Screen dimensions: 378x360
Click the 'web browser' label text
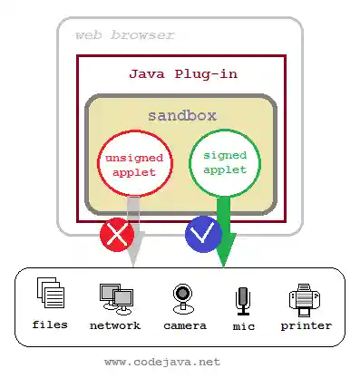click(x=124, y=35)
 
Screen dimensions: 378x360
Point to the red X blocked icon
click(x=117, y=236)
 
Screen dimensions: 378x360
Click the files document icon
click(x=51, y=294)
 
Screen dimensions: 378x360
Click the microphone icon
click(x=242, y=298)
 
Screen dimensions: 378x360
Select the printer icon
click(x=306, y=296)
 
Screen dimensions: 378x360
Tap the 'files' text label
click(x=50, y=325)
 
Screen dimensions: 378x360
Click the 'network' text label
click(x=115, y=325)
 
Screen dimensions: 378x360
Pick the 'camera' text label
click(x=185, y=325)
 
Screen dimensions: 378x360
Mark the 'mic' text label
click(x=242, y=325)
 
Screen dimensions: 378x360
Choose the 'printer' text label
click(x=306, y=325)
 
